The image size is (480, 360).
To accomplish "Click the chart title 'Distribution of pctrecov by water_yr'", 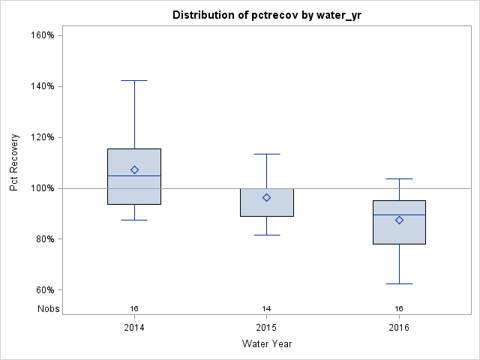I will click(266, 15).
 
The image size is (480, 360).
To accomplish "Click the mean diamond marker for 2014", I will click(134, 169).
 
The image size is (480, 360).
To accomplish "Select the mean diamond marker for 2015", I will click(266, 197).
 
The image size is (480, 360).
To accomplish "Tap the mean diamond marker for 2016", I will click(399, 220).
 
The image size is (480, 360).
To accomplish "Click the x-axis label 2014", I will click(134, 328).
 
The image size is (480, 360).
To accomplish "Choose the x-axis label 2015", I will click(266, 328).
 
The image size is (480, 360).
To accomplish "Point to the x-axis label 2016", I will click(399, 328).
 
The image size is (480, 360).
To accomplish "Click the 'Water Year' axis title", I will click(266, 344).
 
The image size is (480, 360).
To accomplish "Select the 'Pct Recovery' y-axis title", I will click(14, 163).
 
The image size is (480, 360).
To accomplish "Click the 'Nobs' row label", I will click(48, 308).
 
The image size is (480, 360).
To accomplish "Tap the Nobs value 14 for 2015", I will click(266, 308).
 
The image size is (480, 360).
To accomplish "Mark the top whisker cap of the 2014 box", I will click(134, 80).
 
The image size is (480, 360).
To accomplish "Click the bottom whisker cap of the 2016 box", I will click(399, 283).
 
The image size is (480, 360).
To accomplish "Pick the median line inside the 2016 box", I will click(399, 214).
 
